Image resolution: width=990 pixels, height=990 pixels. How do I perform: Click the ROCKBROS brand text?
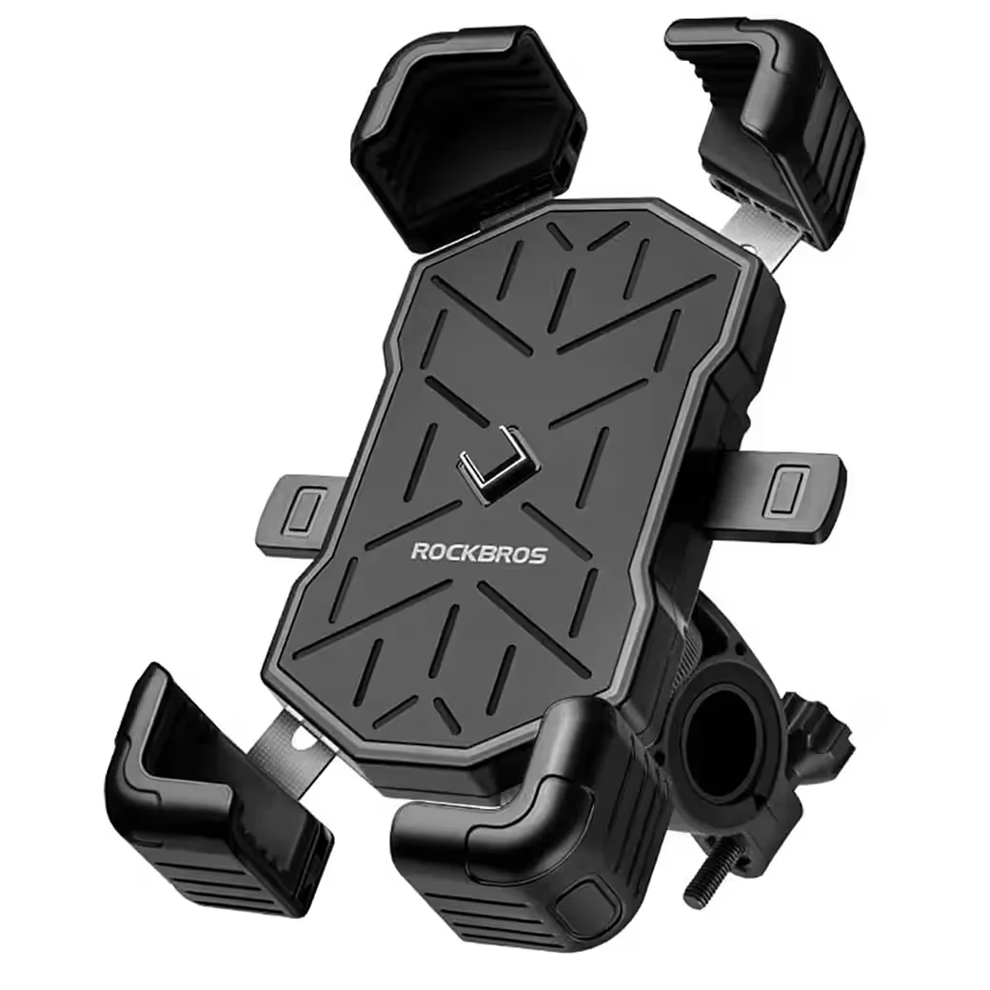[x=479, y=552]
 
